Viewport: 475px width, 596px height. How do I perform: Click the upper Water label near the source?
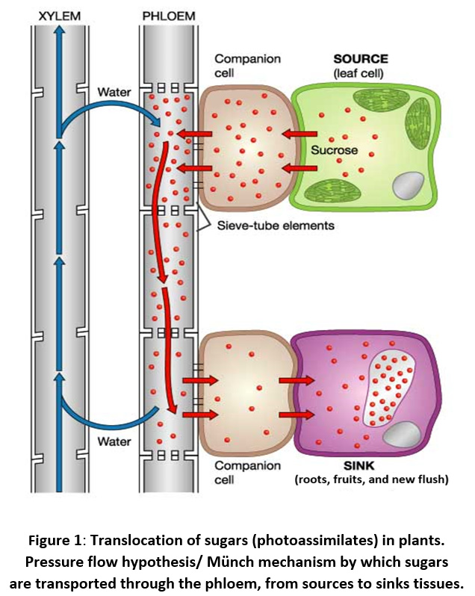click(114, 93)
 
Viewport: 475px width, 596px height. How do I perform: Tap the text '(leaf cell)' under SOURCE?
click(360, 72)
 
